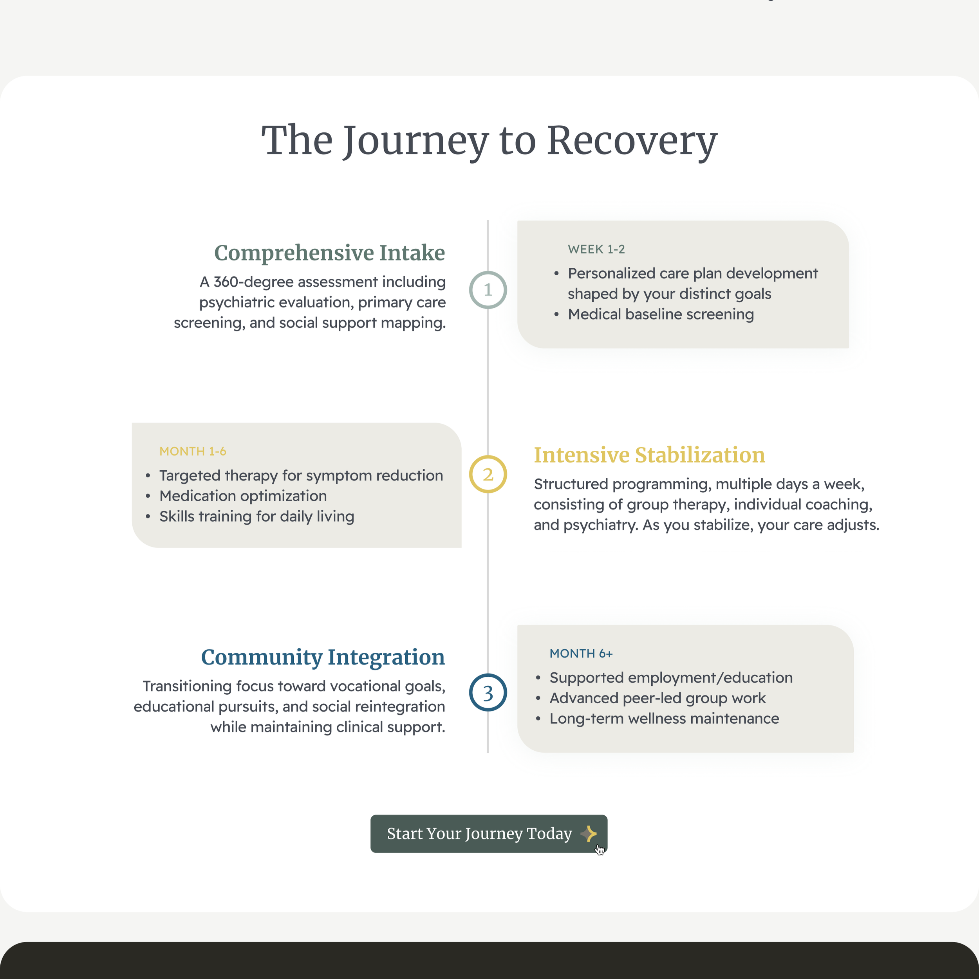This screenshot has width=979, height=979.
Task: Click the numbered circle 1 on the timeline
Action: (488, 290)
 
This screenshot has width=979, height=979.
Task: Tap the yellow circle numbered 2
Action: (488, 474)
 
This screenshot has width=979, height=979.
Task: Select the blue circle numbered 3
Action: (488, 692)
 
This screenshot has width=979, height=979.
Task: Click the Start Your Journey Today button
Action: (479, 834)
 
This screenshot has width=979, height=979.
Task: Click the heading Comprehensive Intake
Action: (329, 252)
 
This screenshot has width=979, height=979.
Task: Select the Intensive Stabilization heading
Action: (649, 455)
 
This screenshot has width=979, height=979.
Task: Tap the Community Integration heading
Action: (323, 657)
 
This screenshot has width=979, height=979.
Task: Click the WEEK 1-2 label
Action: (596, 249)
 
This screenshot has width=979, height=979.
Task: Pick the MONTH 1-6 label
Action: (193, 451)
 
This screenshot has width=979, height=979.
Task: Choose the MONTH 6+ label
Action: (581, 654)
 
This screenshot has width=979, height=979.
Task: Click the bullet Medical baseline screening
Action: (661, 314)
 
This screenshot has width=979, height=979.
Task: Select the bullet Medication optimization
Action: (243, 496)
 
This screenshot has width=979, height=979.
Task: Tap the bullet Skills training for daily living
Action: (256, 517)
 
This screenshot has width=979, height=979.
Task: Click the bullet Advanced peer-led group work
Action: (657, 698)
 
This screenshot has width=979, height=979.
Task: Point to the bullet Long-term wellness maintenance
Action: (664, 719)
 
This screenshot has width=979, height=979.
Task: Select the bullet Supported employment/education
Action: (671, 677)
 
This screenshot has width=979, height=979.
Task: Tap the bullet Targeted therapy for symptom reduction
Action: (301, 475)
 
